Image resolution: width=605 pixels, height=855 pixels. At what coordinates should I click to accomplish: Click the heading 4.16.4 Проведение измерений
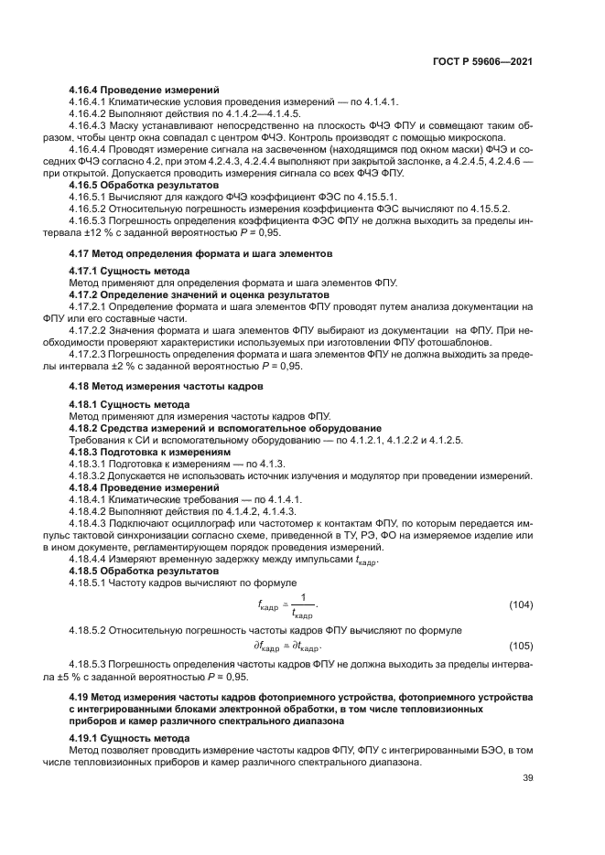145,90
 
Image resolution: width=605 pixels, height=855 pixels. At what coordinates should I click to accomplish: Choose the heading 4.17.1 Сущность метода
130,272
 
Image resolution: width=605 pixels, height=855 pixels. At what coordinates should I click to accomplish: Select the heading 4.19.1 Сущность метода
130,736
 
